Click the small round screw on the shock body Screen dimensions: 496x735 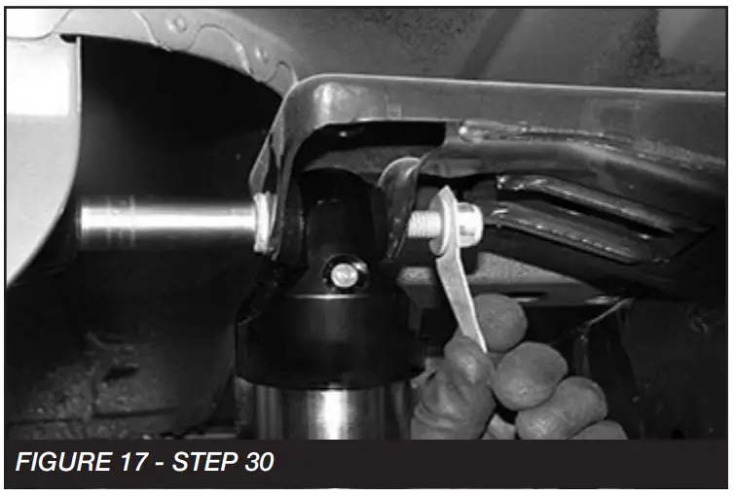click(343, 275)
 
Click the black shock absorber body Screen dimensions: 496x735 click(321, 321)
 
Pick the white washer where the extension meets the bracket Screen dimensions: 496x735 click(262, 222)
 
